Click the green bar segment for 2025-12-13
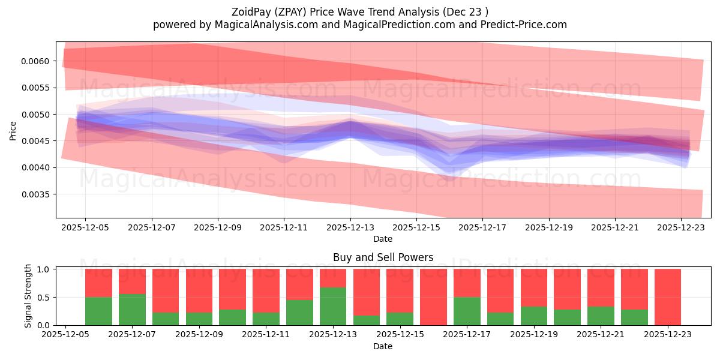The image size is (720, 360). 333,306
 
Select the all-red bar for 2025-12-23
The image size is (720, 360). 668,297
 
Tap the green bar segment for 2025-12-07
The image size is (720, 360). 132,310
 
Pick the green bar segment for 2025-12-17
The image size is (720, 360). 467,311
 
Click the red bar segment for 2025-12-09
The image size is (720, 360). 199,290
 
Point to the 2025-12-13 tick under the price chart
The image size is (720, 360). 350,228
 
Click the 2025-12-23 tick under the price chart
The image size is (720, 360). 681,228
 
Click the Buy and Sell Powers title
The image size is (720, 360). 383,258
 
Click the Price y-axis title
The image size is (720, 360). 13,130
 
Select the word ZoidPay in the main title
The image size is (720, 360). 252,12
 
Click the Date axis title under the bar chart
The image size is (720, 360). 383,346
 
